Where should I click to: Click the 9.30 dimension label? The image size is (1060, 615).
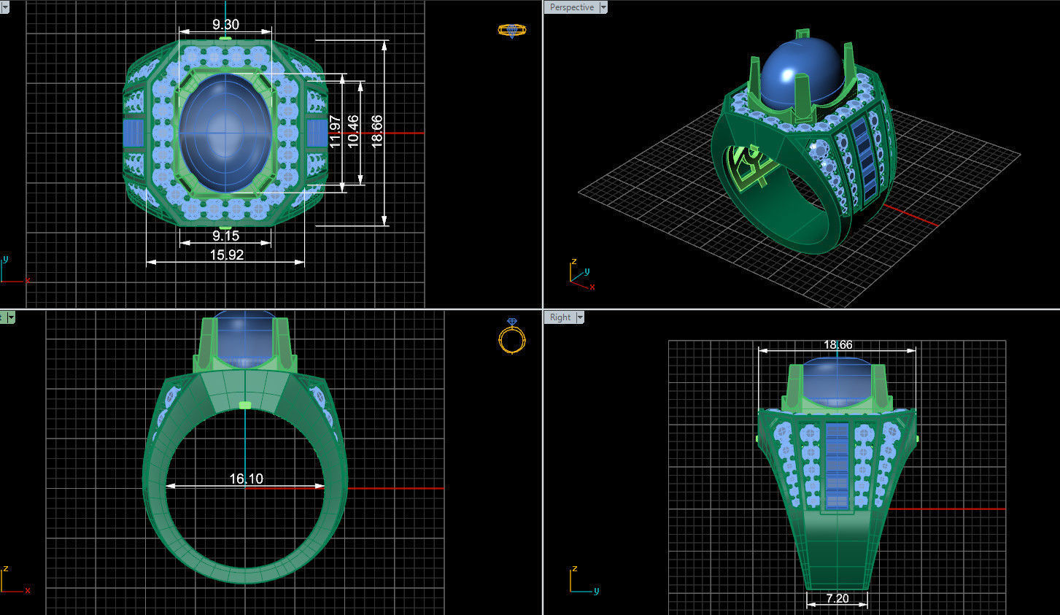(x=225, y=24)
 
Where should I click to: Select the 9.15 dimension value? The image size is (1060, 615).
(x=225, y=236)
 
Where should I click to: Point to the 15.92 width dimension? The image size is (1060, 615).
(x=226, y=255)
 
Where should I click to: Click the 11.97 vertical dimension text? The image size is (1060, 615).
(x=336, y=131)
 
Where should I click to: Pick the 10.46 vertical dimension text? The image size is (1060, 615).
(x=354, y=131)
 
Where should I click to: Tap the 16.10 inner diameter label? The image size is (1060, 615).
(x=246, y=479)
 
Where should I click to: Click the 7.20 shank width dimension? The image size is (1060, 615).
(x=837, y=598)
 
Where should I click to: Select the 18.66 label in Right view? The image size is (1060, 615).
(x=837, y=344)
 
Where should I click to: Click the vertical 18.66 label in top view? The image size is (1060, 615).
(x=377, y=131)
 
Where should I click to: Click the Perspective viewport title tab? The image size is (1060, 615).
(x=571, y=7)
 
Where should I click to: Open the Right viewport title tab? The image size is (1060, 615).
(x=560, y=317)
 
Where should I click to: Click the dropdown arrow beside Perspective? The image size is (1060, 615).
(x=603, y=7)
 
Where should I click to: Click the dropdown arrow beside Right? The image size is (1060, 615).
(x=580, y=317)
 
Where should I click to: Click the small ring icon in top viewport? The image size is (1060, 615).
(x=511, y=30)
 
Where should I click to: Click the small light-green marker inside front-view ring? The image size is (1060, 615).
(x=245, y=405)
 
